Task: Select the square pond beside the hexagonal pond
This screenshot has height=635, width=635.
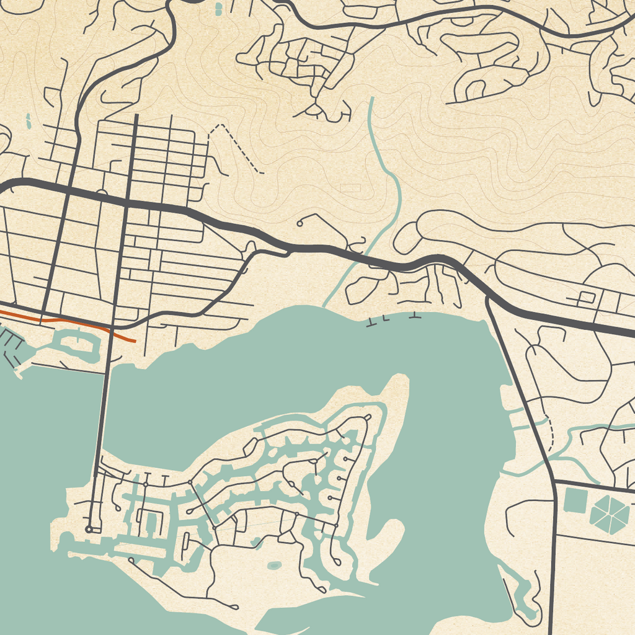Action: point(575,500)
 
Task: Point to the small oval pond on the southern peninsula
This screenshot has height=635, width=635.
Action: point(273,566)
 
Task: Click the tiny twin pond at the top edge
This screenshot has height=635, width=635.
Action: point(218,9)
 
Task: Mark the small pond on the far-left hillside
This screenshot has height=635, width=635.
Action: point(28,121)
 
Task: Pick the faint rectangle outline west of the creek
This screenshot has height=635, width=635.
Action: point(350,187)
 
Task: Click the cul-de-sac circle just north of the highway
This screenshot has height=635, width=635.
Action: point(300,223)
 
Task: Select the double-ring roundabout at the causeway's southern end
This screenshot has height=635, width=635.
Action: point(89,529)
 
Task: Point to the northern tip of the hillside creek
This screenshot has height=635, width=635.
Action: point(371,99)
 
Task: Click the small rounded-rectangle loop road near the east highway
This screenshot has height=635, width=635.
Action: point(586,297)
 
